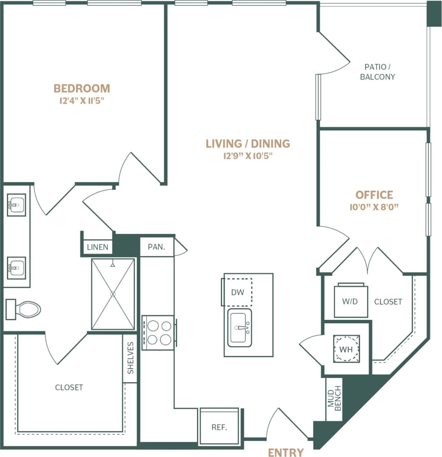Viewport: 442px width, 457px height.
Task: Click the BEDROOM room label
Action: click(x=82, y=88)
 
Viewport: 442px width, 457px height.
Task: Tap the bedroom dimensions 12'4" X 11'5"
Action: click(x=82, y=101)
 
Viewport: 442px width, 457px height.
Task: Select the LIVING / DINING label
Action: click(x=248, y=144)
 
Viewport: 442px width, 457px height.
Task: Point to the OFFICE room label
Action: click(x=374, y=195)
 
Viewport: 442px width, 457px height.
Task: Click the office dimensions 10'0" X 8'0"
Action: click(x=374, y=207)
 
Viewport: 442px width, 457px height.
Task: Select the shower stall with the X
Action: click(x=113, y=294)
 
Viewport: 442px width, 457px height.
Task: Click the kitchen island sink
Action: click(x=240, y=327)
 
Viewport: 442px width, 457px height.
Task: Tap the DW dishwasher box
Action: click(x=237, y=292)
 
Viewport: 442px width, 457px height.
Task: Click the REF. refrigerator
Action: click(x=219, y=427)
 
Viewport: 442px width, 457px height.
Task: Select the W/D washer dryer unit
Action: click(x=351, y=301)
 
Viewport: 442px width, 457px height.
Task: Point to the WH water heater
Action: click(x=346, y=349)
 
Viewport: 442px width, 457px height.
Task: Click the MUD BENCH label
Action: click(x=334, y=398)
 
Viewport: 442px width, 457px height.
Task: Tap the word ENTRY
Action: click(x=286, y=452)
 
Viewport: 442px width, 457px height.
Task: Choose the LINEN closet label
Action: click(x=98, y=247)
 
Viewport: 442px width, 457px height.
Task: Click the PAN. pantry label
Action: click(x=156, y=247)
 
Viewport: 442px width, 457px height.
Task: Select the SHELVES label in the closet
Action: click(x=130, y=358)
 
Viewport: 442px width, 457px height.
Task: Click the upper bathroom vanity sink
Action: click(x=17, y=205)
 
